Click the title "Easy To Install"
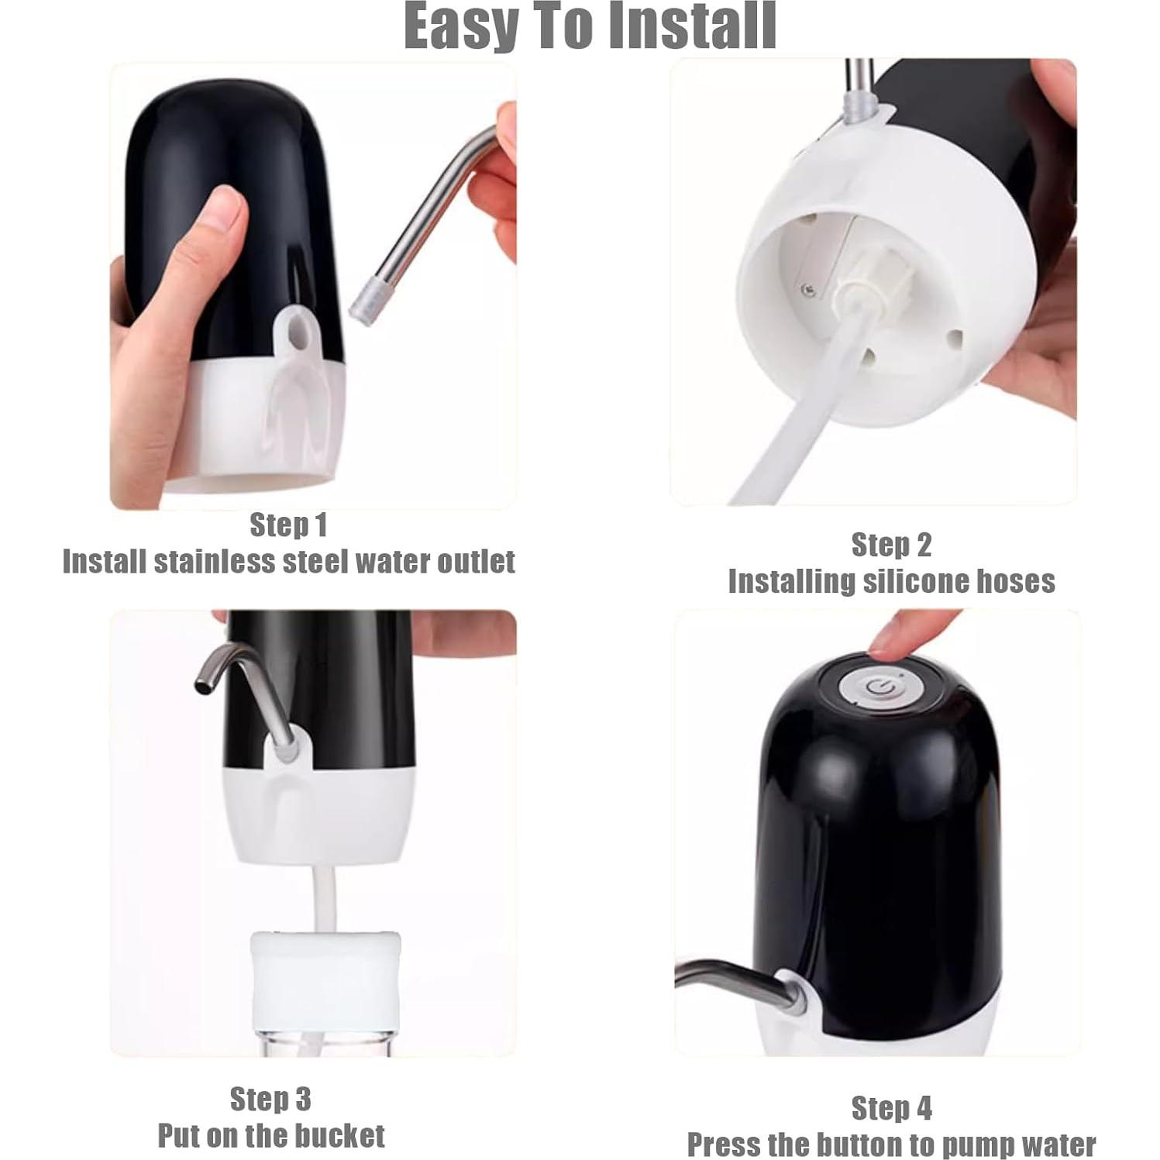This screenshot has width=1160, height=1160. [590, 26]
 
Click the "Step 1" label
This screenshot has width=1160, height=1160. [288, 525]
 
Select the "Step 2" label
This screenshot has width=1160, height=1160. [891, 545]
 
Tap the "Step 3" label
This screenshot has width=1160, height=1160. [270, 1099]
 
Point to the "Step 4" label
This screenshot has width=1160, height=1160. [891, 1108]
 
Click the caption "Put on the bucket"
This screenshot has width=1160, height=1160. [271, 1136]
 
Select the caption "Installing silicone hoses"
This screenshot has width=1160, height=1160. [891, 581]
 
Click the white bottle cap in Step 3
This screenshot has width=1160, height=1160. [325, 970]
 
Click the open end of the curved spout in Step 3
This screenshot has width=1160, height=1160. [203, 686]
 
